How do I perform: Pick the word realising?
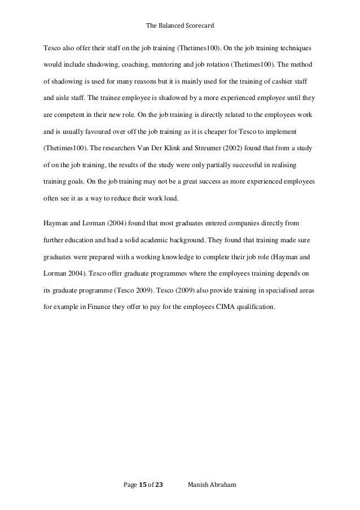point(286,167)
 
